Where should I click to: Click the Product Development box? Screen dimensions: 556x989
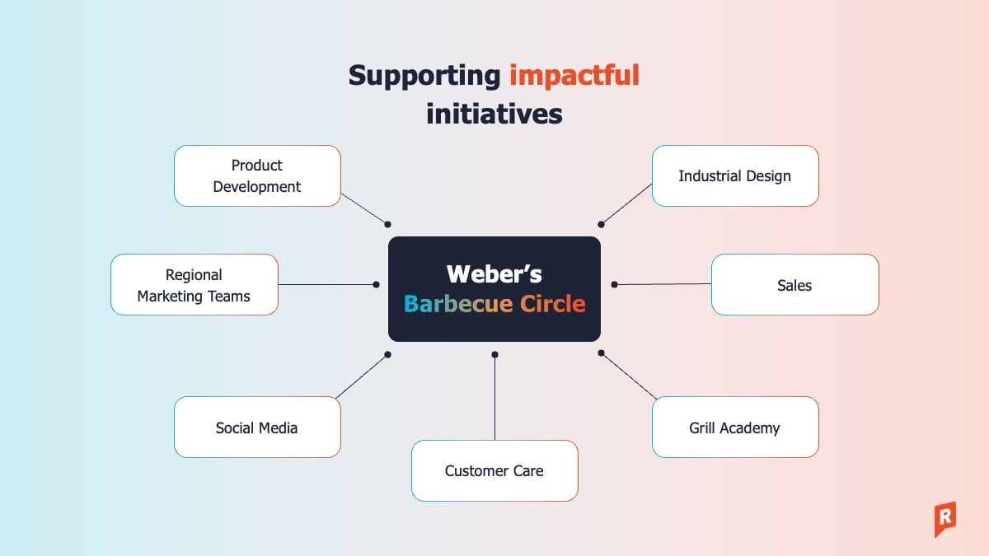click(x=257, y=176)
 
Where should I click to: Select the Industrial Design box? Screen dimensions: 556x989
click(x=734, y=176)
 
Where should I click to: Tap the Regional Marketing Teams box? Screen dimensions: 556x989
click(x=194, y=285)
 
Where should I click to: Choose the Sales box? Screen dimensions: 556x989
click(x=794, y=285)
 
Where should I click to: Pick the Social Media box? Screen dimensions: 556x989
click(x=257, y=428)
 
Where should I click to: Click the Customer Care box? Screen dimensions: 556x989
click(x=494, y=470)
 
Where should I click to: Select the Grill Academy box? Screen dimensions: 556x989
click(x=734, y=428)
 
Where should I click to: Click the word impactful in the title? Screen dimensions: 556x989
click(x=574, y=75)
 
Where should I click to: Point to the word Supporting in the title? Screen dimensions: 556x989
click(x=424, y=75)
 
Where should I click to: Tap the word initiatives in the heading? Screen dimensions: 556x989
click(x=494, y=113)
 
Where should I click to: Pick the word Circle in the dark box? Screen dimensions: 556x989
click(x=552, y=304)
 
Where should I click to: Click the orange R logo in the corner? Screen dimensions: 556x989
click(x=944, y=519)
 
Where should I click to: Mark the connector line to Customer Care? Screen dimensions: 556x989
click(x=494, y=399)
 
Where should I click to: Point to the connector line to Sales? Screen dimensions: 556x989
click(x=663, y=284)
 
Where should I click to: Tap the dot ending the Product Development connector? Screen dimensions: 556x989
click(x=387, y=224)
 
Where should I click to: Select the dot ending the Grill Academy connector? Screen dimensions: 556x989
click(x=602, y=353)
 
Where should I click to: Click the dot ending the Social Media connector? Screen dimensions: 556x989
click(x=387, y=354)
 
